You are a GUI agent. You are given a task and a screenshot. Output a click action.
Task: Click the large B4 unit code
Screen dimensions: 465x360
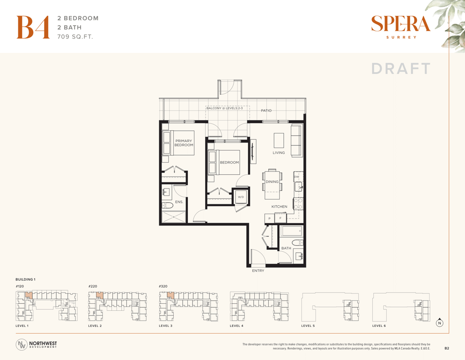click(33, 27)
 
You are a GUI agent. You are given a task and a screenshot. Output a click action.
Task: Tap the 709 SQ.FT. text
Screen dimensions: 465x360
click(75, 37)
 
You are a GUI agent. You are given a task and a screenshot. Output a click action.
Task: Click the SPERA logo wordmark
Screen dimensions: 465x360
click(400, 24)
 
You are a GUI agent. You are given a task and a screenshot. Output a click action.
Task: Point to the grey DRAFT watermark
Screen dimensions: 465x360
click(401, 68)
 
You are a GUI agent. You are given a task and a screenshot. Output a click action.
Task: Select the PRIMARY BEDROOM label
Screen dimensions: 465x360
click(184, 143)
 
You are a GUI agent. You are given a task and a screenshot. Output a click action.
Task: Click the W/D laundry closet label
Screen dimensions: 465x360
click(241, 197)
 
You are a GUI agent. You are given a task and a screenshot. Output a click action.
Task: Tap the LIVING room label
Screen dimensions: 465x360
click(279, 153)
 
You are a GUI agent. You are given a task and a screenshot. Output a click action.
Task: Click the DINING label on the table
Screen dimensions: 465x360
click(272, 181)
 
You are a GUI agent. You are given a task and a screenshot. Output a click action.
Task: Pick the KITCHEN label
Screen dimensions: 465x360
click(280, 207)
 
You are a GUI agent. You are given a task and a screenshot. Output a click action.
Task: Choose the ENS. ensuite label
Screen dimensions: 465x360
click(179, 202)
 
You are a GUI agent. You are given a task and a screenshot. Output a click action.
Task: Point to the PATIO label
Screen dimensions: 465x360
click(266, 111)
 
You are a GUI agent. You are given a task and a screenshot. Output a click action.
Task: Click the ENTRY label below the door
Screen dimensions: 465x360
click(258, 270)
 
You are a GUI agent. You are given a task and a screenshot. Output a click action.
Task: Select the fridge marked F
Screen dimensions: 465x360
click(280, 218)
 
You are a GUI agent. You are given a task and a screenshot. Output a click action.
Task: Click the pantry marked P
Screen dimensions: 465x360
click(270, 219)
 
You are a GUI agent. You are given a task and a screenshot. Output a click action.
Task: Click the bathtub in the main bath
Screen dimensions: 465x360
click(292, 231)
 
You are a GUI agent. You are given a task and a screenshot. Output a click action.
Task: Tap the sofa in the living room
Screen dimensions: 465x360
click(296, 141)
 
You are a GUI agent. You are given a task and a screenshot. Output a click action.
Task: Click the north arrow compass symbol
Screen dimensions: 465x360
click(440, 322)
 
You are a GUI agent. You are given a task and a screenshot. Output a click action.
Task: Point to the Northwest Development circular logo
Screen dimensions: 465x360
click(22, 344)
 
